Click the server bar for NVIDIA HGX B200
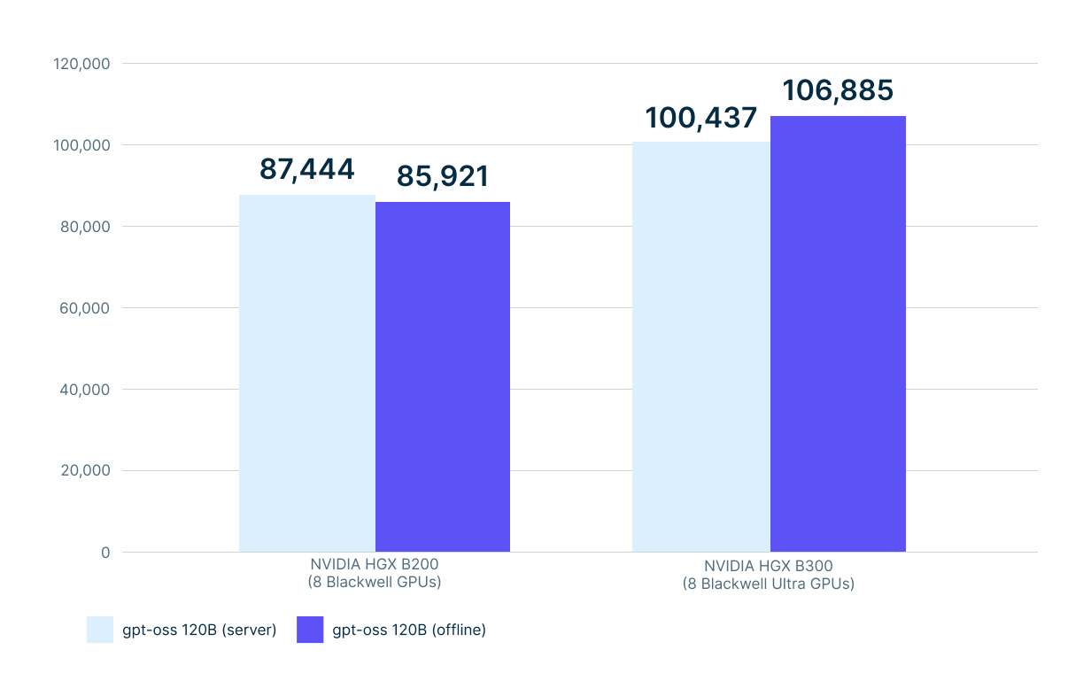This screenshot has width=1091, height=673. (x=307, y=373)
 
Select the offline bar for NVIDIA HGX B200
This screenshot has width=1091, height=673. (x=443, y=376)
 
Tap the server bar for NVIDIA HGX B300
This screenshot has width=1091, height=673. (x=700, y=346)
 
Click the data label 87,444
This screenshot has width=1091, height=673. (x=306, y=169)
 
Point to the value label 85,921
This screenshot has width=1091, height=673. (x=443, y=176)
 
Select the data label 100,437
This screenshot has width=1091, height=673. (x=700, y=117)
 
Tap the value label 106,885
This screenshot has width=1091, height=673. (x=838, y=90)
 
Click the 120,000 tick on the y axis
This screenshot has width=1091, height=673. (x=81, y=64)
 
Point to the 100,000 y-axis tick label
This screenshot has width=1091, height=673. (x=81, y=145)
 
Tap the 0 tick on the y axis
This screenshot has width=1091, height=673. (x=104, y=553)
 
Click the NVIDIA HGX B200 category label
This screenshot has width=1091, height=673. (x=375, y=573)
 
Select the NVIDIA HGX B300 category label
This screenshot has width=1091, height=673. (x=769, y=575)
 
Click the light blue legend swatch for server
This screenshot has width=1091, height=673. (x=100, y=630)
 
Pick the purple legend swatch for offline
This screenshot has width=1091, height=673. (x=310, y=630)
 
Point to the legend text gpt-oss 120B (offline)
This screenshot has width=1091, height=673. (x=409, y=630)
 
